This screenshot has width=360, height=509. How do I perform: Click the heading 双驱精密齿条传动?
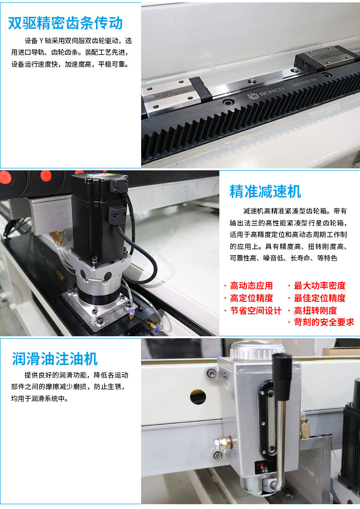coord(66,23)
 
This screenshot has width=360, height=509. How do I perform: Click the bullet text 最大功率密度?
coord(320,285)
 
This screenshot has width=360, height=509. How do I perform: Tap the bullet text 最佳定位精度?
coord(320,298)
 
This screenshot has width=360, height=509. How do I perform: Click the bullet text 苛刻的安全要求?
coord(324,322)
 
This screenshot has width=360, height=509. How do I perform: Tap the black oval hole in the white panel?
coord(198,396)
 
